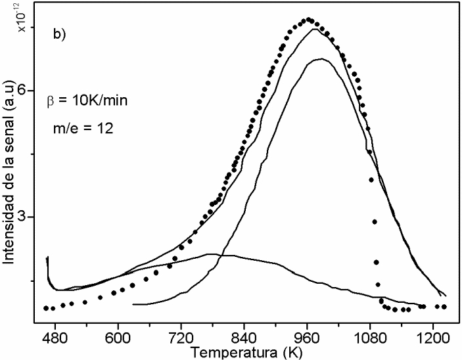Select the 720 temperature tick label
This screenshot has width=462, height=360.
181,334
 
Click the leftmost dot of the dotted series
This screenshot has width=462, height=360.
46,307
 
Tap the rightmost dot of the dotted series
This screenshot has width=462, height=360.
445,307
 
